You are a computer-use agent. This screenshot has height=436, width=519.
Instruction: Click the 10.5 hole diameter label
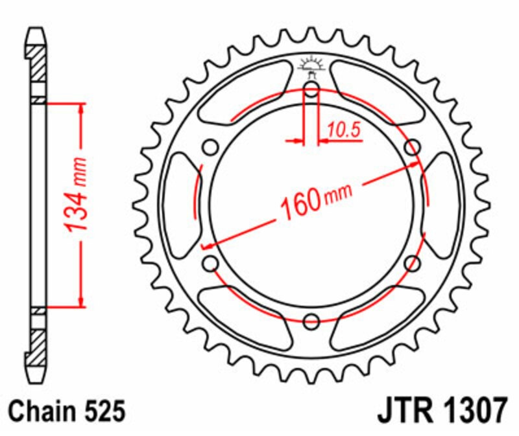pos(344,130)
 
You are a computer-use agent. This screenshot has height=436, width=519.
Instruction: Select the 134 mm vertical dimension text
pos(75,194)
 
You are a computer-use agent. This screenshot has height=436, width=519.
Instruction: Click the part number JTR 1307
pos(442,411)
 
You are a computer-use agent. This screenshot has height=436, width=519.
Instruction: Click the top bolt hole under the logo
pos(311,89)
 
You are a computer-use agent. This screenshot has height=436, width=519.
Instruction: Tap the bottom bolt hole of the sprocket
pos(311,321)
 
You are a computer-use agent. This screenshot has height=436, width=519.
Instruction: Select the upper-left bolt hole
pos(210,148)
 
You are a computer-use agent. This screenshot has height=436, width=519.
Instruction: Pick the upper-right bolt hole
pos(413,148)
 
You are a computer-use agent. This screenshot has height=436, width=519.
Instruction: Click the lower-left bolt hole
pos(210,264)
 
